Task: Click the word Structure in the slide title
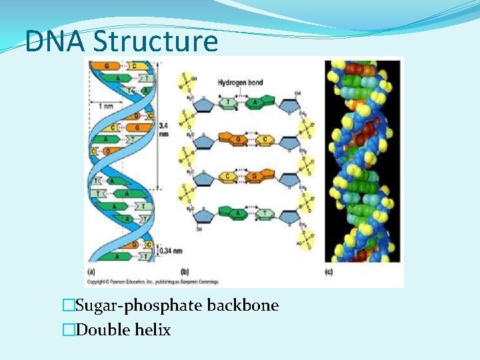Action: pyautogui.click(x=156, y=41)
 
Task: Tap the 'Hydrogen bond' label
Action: pyautogui.click(x=240, y=83)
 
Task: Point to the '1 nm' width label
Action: pyautogui.click(x=105, y=107)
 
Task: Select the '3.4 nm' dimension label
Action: pyautogui.click(x=164, y=129)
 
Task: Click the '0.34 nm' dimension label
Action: pyautogui.click(x=165, y=251)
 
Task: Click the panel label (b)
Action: pyautogui.click(x=185, y=272)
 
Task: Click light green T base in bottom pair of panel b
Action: pyautogui.click(x=265, y=213)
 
